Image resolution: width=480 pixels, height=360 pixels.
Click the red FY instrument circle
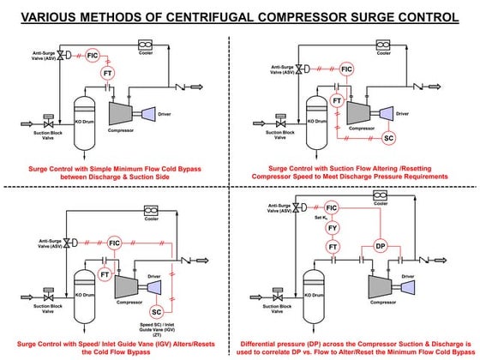[333, 229]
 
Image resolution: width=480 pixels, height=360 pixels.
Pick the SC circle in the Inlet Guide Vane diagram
[156, 311]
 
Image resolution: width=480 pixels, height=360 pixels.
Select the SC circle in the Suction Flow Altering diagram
[388, 137]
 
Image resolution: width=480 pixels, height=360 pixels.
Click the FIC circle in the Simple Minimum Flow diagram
[94, 56]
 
